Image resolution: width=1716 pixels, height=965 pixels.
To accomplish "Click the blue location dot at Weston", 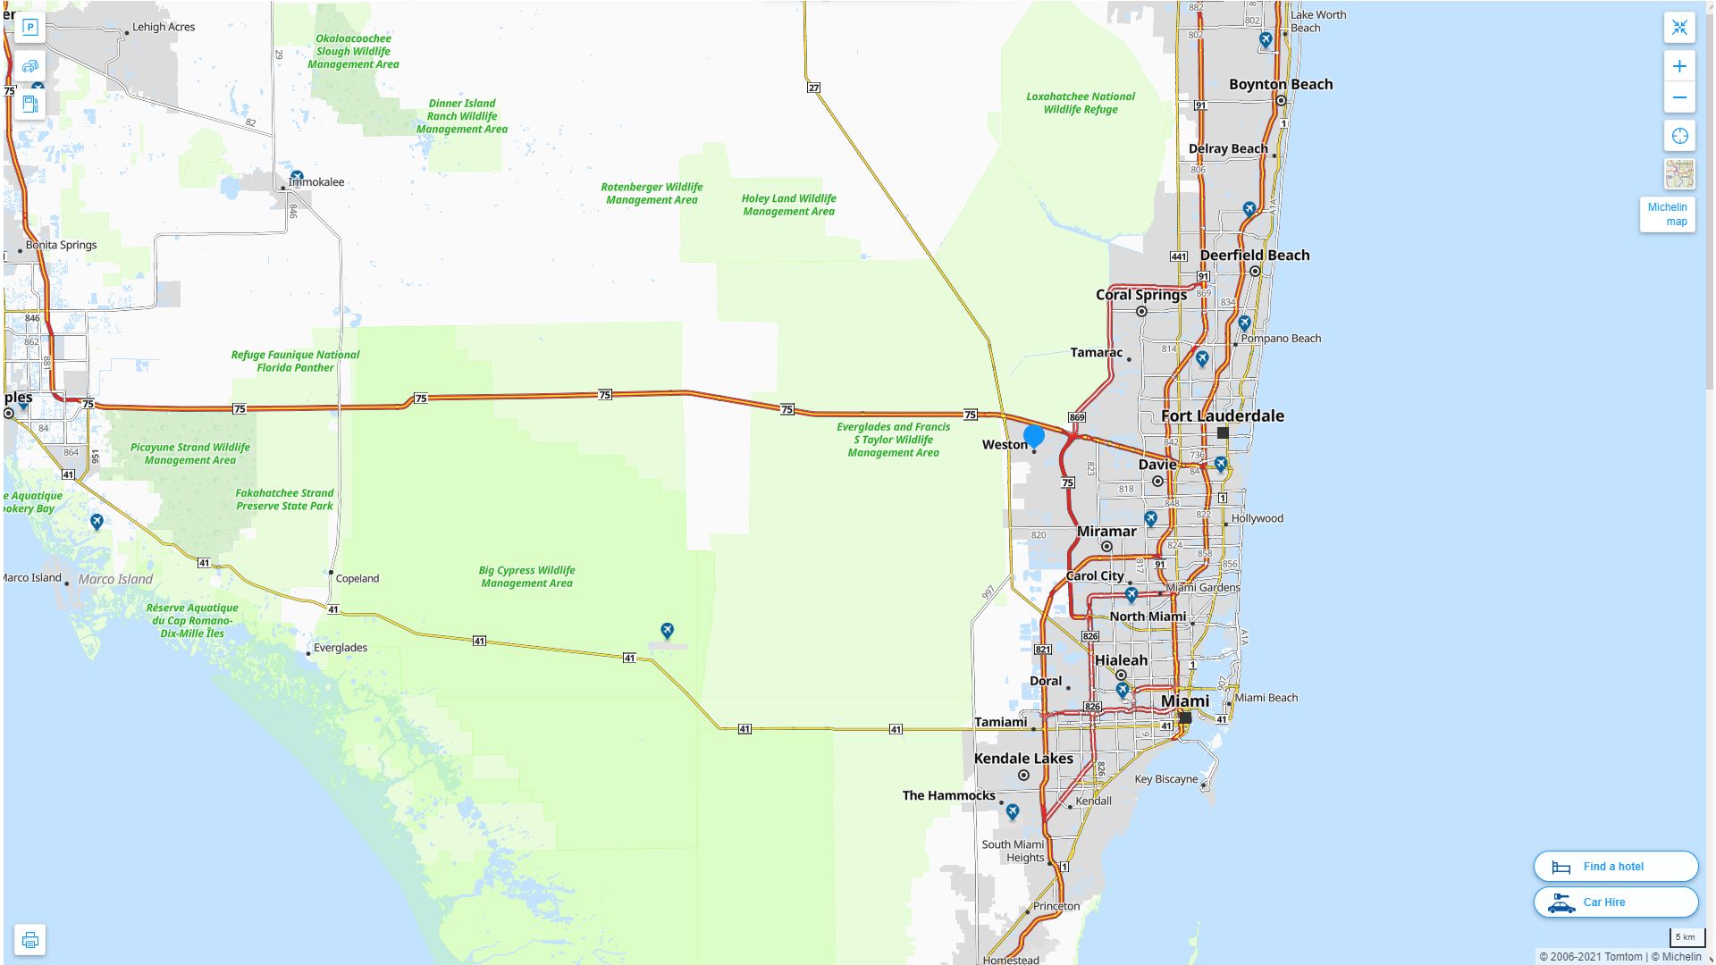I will pyautogui.click(x=1034, y=436).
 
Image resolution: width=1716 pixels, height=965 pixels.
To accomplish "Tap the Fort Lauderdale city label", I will pyautogui.click(x=1222, y=415).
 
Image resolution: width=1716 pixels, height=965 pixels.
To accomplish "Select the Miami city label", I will pyautogui.click(x=1184, y=701).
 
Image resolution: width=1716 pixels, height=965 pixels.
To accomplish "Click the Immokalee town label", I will pyautogui.click(x=316, y=182).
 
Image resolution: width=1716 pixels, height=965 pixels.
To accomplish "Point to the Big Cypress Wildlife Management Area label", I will pyautogui.click(x=526, y=576).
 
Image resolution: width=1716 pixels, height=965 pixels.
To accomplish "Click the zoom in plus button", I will pyautogui.click(x=1679, y=66).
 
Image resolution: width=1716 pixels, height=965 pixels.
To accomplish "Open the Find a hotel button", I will pyautogui.click(x=1615, y=866).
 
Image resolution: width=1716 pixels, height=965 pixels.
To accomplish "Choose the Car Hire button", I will pyautogui.click(x=1615, y=902).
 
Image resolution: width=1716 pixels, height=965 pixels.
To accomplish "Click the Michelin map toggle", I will pyautogui.click(x=1667, y=214).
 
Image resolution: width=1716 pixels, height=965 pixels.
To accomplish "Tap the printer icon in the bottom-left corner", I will pyautogui.click(x=29, y=939).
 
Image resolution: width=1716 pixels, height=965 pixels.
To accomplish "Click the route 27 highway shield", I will pyautogui.click(x=813, y=88).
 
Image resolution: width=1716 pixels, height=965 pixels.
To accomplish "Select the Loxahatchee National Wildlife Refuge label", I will pyautogui.click(x=1081, y=103).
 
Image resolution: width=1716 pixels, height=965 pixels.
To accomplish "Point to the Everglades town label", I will pyautogui.click(x=340, y=648).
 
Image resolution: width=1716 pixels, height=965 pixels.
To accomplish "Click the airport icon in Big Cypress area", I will pyautogui.click(x=667, y=631).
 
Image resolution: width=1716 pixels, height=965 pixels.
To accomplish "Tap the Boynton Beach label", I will pyautogui.click(x=1280, y=84).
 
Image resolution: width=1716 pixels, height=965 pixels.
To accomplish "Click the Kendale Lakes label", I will pyautogui.click(x=1022, y=759).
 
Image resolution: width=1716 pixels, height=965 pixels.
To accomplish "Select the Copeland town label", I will pyautogui.click(x=357, y=578).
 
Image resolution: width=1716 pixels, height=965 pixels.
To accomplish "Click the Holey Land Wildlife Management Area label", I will pyautogui.click(x=788, y=205).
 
